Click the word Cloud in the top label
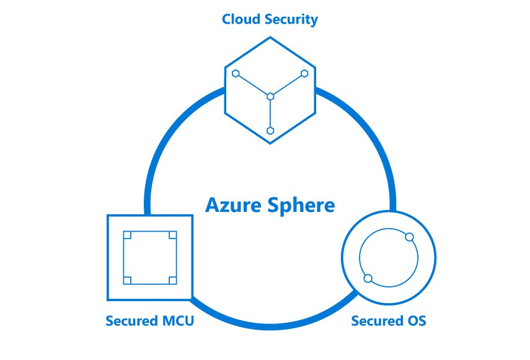click(241, 19)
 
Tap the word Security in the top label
click(290, 19)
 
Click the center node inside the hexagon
click(270, 96)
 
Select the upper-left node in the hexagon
click(236, 73)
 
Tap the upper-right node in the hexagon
click(304, 73)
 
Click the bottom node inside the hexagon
click(270, 130)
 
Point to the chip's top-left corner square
click(127, 235)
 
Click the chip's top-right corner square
click(173, 235)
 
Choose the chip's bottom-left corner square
click(127, 281)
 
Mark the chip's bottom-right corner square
click(173, 281)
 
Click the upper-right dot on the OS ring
click(409, 237)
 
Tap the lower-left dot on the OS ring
click(368, 278)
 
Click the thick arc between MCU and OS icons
click(267, 325)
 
